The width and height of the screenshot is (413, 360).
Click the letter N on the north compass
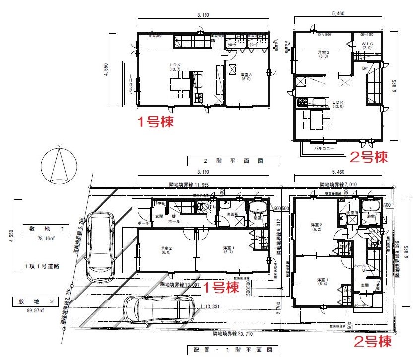59,146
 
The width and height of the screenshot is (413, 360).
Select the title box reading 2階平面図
226,161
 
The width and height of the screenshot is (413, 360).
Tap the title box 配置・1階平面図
225,350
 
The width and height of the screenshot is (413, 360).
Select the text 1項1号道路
42,266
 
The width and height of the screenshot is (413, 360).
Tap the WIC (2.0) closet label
367,46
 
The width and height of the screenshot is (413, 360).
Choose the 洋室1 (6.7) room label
228,250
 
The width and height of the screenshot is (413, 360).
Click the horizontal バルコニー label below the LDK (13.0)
323,148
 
